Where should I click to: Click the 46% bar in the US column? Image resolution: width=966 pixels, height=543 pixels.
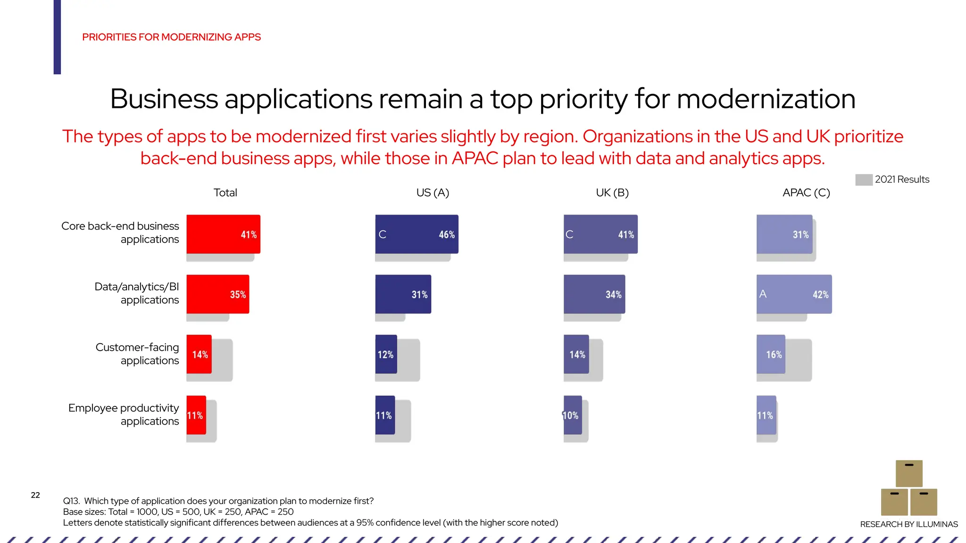416,234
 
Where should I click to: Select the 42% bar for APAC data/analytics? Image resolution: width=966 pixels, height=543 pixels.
794,294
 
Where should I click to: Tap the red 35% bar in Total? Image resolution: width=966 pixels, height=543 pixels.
217,294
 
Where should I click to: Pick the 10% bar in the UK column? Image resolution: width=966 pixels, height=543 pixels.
573,415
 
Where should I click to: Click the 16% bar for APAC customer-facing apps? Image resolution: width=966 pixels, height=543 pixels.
771,354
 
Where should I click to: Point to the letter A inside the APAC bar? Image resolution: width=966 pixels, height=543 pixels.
763,294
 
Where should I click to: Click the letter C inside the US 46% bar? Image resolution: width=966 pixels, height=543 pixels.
383,234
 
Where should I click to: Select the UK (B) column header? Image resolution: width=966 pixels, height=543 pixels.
612,193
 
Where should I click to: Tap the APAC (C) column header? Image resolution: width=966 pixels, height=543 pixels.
806,193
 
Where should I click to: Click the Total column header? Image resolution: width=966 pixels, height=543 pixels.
225,193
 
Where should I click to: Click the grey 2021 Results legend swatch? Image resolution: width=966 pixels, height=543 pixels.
863,180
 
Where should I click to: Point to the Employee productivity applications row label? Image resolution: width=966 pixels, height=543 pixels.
124,414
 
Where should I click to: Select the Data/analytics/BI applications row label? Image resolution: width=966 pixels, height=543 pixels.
137,293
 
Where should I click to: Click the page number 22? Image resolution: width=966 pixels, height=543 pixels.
35,495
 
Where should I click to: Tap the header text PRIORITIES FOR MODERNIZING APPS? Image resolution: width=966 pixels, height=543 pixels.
171,37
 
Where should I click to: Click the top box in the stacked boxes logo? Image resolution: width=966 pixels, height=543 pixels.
908,473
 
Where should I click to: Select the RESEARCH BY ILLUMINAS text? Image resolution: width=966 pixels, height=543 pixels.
908,524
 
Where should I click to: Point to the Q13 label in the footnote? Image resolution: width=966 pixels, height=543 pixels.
71,501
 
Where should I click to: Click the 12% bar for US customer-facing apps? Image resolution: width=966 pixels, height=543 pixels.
386,354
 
